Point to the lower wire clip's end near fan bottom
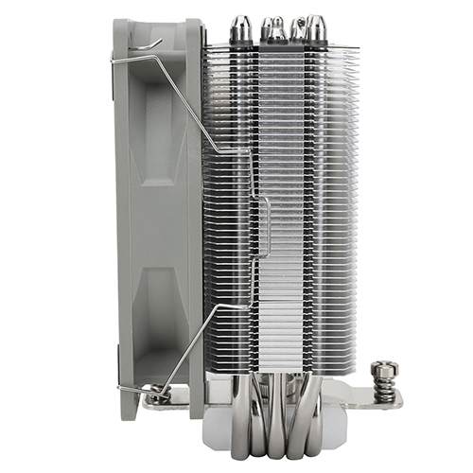123,387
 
